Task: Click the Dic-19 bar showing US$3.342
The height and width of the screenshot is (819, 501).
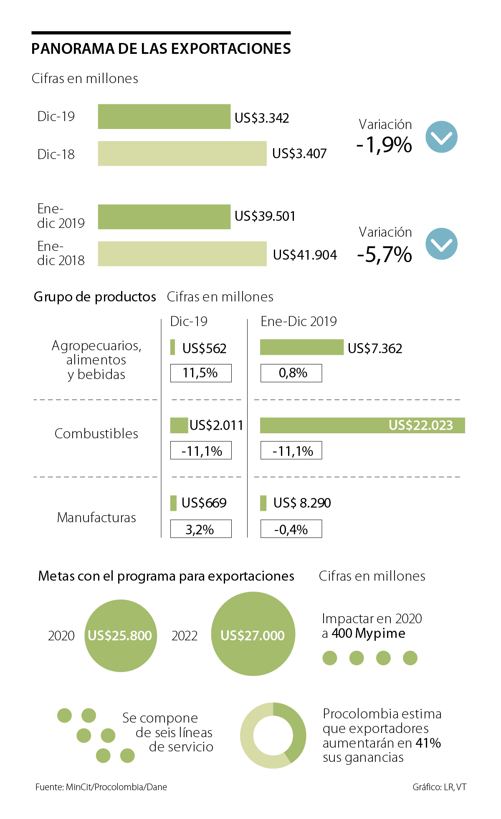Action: (164, 116)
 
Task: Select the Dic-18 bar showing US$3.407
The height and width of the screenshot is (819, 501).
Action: (182, 154)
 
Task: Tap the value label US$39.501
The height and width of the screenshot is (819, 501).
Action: (265, 216)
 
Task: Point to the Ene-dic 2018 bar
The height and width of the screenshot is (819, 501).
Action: (182, 254)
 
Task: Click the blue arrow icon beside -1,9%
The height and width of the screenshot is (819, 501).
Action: (441, 137)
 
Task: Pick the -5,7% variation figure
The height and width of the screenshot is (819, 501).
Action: (385, 255)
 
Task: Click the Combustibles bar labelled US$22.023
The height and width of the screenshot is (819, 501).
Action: (362, 425)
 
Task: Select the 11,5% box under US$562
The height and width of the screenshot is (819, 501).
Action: (201, 373)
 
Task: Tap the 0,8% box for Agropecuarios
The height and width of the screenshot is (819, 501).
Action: (291, 373)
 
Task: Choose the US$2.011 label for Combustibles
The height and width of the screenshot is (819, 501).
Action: (216, 425)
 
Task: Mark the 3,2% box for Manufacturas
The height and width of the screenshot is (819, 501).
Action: (201, 529)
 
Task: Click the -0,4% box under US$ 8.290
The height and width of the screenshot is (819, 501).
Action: (291, 529)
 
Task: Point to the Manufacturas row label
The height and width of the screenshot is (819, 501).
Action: (96, 518)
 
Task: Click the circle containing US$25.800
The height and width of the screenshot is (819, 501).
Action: (121, 635)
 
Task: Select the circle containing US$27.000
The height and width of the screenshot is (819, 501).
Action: (253, 634)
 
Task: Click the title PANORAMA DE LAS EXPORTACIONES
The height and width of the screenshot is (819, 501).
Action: (161, 49)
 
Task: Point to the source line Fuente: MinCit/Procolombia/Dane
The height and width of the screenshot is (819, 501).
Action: (101, 787)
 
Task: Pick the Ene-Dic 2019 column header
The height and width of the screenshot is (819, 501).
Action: (299, 321)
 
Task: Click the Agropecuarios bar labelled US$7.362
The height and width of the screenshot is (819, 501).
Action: (301, 347)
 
